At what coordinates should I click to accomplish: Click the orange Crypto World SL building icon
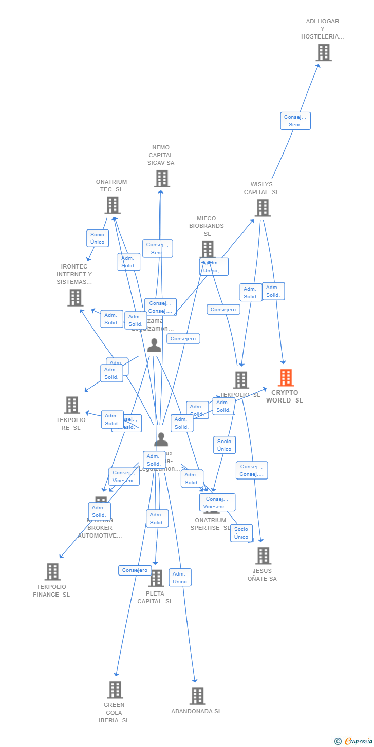pyautogui.click(x=286, y=378)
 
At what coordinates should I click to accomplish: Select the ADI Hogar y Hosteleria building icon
pyautogui.click(x=323, y=52)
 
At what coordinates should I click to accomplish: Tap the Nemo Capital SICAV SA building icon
pyautogui.click(x=162, y=179)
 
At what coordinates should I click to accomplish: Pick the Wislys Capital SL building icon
pyautogui.click(x=263, y=208)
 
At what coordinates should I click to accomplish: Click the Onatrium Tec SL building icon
pyautogui.click(x=112, y=205)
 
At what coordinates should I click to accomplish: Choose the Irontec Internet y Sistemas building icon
pyautogui.click(x=75, y=298)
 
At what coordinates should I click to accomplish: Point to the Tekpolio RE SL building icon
pyautogui.click(x=72, y=405)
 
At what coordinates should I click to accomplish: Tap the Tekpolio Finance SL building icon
pyautogui.click(x=52, y=572)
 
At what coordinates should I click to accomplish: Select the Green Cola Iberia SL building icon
pyautogui.click(x=115, y=690)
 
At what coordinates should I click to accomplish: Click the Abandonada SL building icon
pyautogui.click(x=197, y=696)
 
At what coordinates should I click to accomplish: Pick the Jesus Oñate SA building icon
pyautogui.click(x=263, y=556)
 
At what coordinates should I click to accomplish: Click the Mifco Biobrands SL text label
pyautogui.click(x=207, y=226)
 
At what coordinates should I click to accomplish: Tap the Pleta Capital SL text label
pyautogui.click(x=155, y=597)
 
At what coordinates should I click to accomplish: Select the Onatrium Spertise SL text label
pyautogui.click(x=211, y=524)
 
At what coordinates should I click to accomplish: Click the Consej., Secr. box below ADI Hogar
pyautogui.click(x=295, y=121)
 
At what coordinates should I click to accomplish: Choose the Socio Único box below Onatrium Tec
pyautogui.click(x=98, y=238)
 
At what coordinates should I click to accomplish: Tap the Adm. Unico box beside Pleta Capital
pyautogui.click(x=180, y=578)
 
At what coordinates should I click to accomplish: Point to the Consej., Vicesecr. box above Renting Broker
pyautogui.click(x=124, y=476)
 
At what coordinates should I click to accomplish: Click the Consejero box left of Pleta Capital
pyautogui.click(x=135, y=570)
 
